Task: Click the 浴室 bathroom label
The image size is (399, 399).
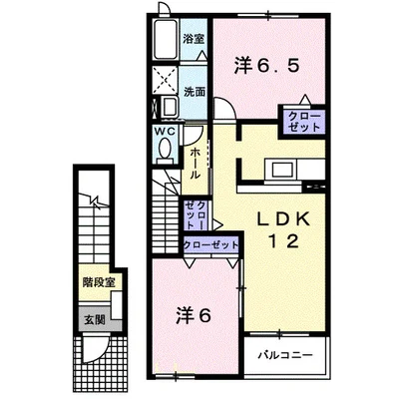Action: (194, 39)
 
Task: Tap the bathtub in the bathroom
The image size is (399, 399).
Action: (167, 39)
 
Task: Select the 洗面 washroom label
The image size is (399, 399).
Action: (195, 92)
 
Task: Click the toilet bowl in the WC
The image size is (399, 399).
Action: (165, 148)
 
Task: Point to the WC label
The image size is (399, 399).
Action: (164, 132)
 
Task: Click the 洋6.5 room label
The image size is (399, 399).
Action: (267, 66)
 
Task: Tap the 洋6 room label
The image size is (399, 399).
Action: (194, 315)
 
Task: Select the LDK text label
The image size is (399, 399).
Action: (284, 219)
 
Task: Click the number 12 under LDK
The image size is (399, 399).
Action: (283, 241)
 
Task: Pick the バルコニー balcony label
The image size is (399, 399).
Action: (286, 355)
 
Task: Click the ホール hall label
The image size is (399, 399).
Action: (195, 163)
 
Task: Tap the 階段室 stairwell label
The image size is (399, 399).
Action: (99, 283)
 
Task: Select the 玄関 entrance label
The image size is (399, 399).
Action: (95, 319)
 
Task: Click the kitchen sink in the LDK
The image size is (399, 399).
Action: (282, 170)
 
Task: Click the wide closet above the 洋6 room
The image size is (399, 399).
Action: (211, 245)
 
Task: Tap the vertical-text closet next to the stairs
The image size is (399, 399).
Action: (196, 214)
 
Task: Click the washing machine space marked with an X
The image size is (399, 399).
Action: (166, 80)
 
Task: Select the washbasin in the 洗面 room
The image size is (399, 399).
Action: (170, 107)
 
